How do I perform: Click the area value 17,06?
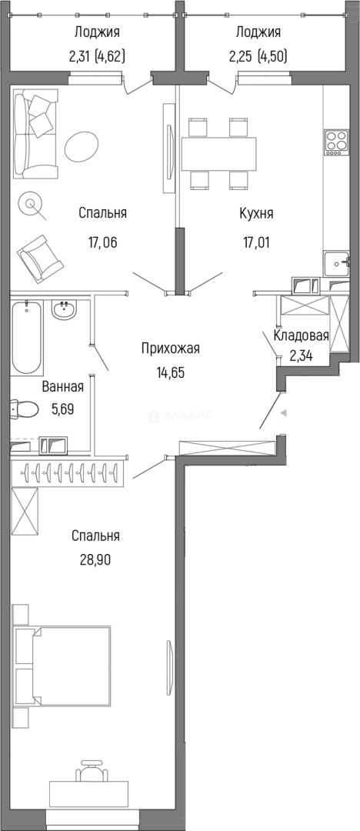(104, 242)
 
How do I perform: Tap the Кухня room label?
(256, 213)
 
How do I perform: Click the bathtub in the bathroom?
(28, 336)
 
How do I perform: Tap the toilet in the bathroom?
(23, 408)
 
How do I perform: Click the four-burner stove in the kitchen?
(336, 142)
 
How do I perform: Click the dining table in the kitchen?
(218, 153)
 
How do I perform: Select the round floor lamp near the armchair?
(32, 205)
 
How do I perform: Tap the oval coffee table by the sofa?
(82, 145)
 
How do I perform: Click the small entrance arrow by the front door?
(285, 413)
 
